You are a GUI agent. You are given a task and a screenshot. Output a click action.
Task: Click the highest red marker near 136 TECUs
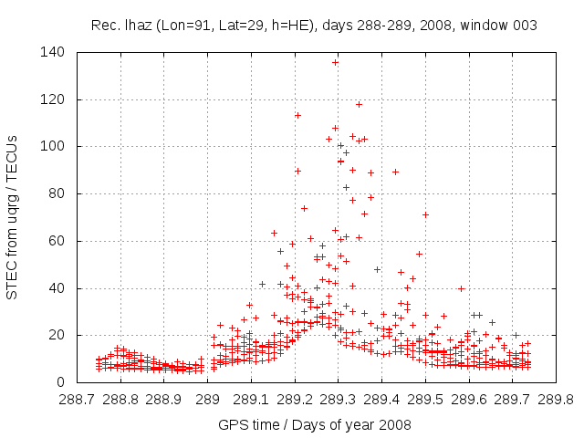pyautogui.click(x=335, y=62)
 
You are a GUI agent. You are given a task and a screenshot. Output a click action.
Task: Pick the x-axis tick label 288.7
pyautogui.click(x=78, y=399)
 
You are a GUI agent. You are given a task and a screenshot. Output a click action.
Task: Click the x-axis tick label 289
pyautogui.click(x=208, y=399)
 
